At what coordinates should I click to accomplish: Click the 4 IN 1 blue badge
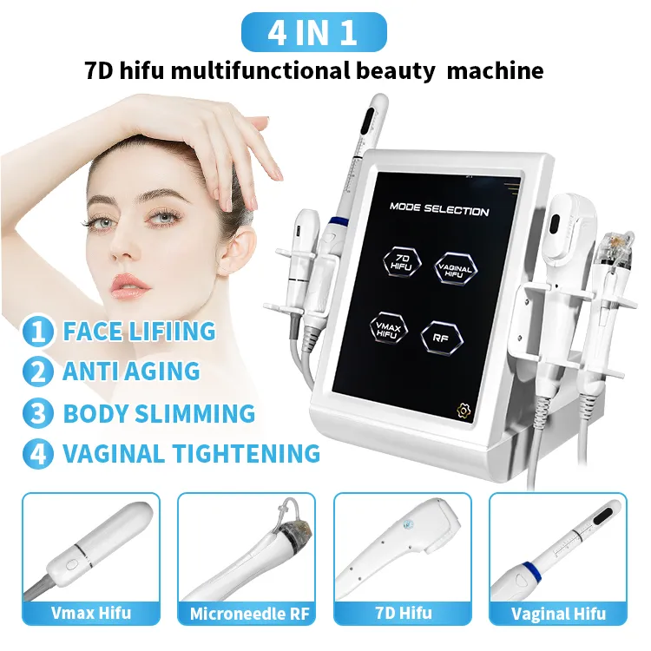click(x=314, y=32)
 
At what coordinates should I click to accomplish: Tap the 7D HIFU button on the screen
click(x=402, y=262)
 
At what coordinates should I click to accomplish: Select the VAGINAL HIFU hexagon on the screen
click(x=456, y=269)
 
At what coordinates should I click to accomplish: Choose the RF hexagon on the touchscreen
click(x=441, y=338)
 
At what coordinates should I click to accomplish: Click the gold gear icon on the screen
click(x=464, y=410)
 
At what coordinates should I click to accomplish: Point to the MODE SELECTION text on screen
click(x=439, y=209)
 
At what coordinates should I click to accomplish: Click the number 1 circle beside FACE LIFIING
click(x=38, y=331)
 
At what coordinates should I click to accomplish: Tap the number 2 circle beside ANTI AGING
click(x=38, y=371)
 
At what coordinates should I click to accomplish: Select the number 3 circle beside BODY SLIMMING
click(x=38, y=413)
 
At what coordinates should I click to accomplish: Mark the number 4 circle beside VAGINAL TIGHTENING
click(x=38, y=453)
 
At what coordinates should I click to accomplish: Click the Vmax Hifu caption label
click(x=91, y=613)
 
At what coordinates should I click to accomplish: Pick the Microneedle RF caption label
click(x=249, y=614)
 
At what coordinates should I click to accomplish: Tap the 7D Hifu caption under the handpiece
click(x=403, y=613)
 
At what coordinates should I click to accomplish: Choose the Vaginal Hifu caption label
click(x=558, y=614)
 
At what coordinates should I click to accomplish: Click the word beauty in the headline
click(x=395, y=71)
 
